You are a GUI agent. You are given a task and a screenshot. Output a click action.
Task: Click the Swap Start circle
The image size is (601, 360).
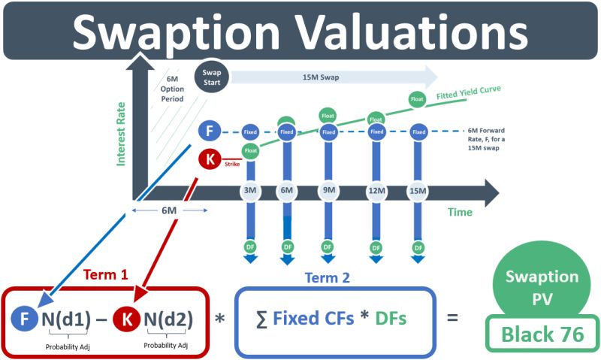(x=212, y=77)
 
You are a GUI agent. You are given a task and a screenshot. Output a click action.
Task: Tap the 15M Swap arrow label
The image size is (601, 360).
(x=321, y=77)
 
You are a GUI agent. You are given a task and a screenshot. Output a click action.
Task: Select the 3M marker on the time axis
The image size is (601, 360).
(x=250, y=191)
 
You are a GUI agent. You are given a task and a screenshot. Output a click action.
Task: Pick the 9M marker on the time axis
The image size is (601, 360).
(x=328, y=191)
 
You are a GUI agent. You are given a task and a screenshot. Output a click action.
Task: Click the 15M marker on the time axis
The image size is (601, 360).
(x=418, y=191)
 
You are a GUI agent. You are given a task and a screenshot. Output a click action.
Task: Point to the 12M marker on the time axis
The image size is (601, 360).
(x=376, y=191)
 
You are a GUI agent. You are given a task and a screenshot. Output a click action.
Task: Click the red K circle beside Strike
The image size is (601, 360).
(x=210, y=159)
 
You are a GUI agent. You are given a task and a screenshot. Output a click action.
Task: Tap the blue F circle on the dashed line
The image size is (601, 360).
(x=210, y=131)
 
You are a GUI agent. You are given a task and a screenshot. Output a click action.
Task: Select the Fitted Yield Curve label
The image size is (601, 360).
(x=468, y=92)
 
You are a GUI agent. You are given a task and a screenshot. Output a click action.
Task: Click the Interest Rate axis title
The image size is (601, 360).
(x=121, y=134)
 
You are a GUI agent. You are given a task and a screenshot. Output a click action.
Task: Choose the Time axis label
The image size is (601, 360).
(x=460, y=212)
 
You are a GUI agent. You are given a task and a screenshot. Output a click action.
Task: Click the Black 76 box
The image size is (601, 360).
(x=542, y=334)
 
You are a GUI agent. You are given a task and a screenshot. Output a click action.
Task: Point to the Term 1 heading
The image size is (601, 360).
(x=105, y=274)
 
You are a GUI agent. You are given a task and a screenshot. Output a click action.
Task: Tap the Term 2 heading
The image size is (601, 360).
(x=328, y=277)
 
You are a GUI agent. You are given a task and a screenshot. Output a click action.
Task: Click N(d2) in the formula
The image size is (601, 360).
(x=168, y=319)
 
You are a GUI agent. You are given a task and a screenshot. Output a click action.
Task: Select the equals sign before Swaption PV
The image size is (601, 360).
(x=453, y=317)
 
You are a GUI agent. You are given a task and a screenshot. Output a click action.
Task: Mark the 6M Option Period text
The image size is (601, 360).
(x=172, y=89)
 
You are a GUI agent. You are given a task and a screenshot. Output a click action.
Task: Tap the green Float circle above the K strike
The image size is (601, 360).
(x=251, y=150)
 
